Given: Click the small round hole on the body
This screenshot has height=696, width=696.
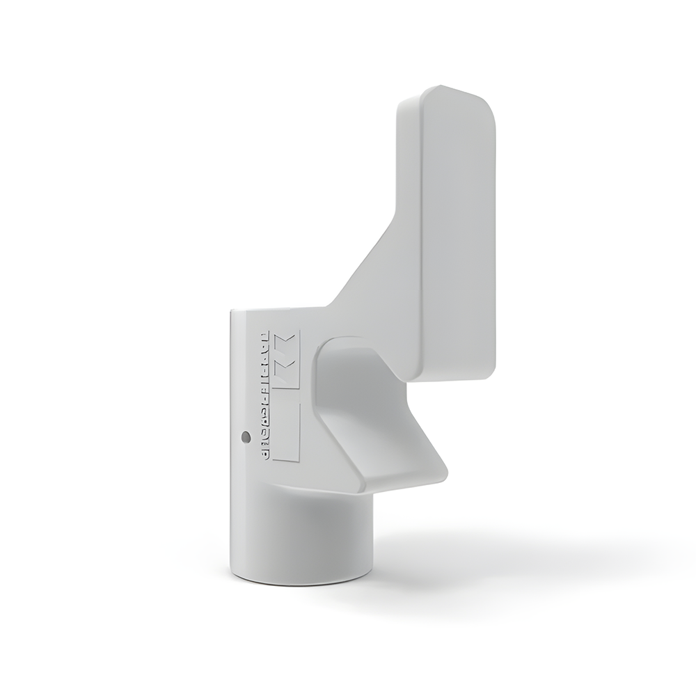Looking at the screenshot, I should click(244, 437).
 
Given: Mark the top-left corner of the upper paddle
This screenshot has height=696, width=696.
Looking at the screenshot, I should click(402, 104).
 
